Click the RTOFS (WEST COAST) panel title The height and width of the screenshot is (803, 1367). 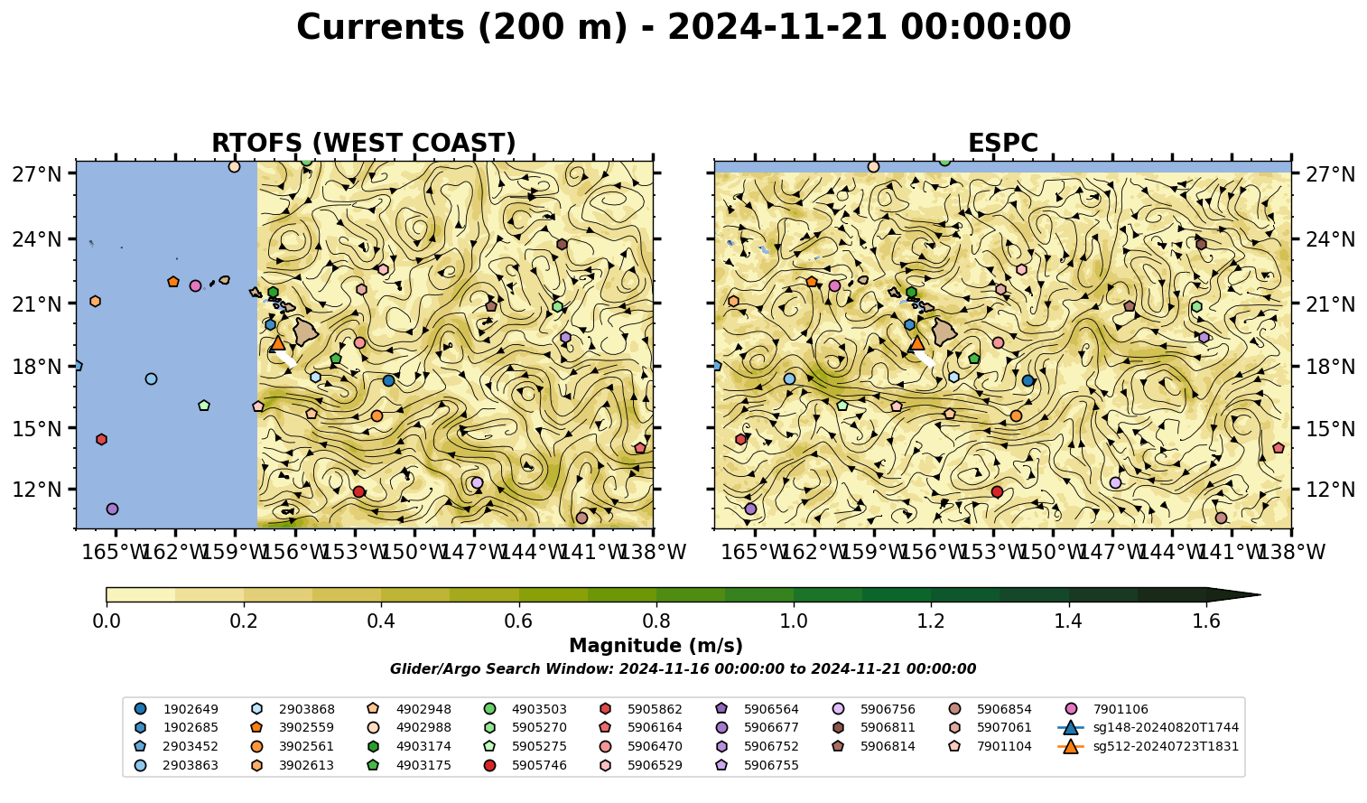tap(364, 143)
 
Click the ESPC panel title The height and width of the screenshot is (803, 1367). tap(1002, 143)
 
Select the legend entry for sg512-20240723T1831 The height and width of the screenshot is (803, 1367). tap(1148, 746)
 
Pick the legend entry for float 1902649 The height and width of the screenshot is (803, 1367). tap(176, 709)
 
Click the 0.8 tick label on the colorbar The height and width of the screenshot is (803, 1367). tap(656, 621)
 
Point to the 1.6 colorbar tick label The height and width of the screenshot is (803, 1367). tap(1206, 621)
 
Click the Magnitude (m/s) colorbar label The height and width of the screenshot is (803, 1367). tap(656, 646)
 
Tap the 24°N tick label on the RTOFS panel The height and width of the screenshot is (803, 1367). tap(37, 239)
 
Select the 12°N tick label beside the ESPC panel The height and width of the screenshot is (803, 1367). tap(1330, 490)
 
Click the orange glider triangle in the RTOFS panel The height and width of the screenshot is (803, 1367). tap(278, 343)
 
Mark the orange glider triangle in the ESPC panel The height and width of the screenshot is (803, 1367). tap(916, 343)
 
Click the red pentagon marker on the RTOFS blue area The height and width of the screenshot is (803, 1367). tap(101, 439)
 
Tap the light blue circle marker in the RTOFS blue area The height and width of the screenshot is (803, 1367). tap(152, 378)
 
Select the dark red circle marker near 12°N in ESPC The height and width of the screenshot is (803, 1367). tap(997, 491)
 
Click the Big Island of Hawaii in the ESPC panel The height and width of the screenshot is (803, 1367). tap(944, 331)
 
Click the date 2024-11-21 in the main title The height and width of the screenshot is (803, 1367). tap(777, 27)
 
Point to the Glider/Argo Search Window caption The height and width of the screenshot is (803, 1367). tap(683, 668)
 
